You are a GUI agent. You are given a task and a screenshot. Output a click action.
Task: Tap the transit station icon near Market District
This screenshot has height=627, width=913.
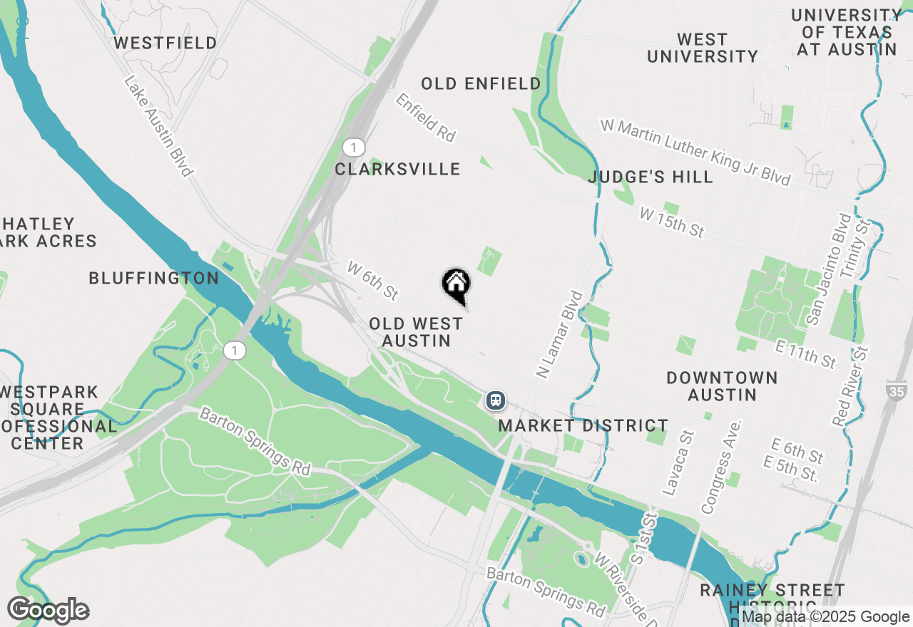[x=496, y=400]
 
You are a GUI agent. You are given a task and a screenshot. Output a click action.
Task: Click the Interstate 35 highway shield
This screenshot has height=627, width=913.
[x=897, y=390]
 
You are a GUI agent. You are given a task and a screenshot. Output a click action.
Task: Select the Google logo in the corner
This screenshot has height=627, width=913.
[x=48, y=611]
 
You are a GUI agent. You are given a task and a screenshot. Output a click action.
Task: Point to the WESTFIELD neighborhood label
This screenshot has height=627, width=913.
[x=165, y=43]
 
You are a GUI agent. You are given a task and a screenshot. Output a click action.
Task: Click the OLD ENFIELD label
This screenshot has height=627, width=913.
[x=481, y=84]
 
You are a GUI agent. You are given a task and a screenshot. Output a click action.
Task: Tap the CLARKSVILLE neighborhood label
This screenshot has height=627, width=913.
[x=398, y=169]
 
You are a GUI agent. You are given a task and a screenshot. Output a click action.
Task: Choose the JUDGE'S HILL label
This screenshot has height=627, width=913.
[x=651, y=177]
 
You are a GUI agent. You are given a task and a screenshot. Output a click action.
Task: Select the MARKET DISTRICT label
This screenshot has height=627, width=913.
[x=583, y=425]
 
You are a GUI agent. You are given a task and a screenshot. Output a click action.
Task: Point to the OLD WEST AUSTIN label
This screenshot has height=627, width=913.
[x=417, y=332]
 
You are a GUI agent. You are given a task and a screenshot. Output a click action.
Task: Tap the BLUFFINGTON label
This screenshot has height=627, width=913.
[x=154, y=278]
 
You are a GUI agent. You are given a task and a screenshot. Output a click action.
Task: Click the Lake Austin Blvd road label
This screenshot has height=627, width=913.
[x=158, y=126]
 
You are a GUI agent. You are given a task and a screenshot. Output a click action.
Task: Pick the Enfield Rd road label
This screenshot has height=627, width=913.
[x=425, y=117]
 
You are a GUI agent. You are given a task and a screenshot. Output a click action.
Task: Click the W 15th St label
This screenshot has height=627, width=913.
[x=672, y=222]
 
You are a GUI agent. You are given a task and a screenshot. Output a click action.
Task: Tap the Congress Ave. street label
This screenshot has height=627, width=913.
[x=723, y=466]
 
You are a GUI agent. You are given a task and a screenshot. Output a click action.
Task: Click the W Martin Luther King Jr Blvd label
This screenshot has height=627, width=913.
[x=695, y=152]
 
